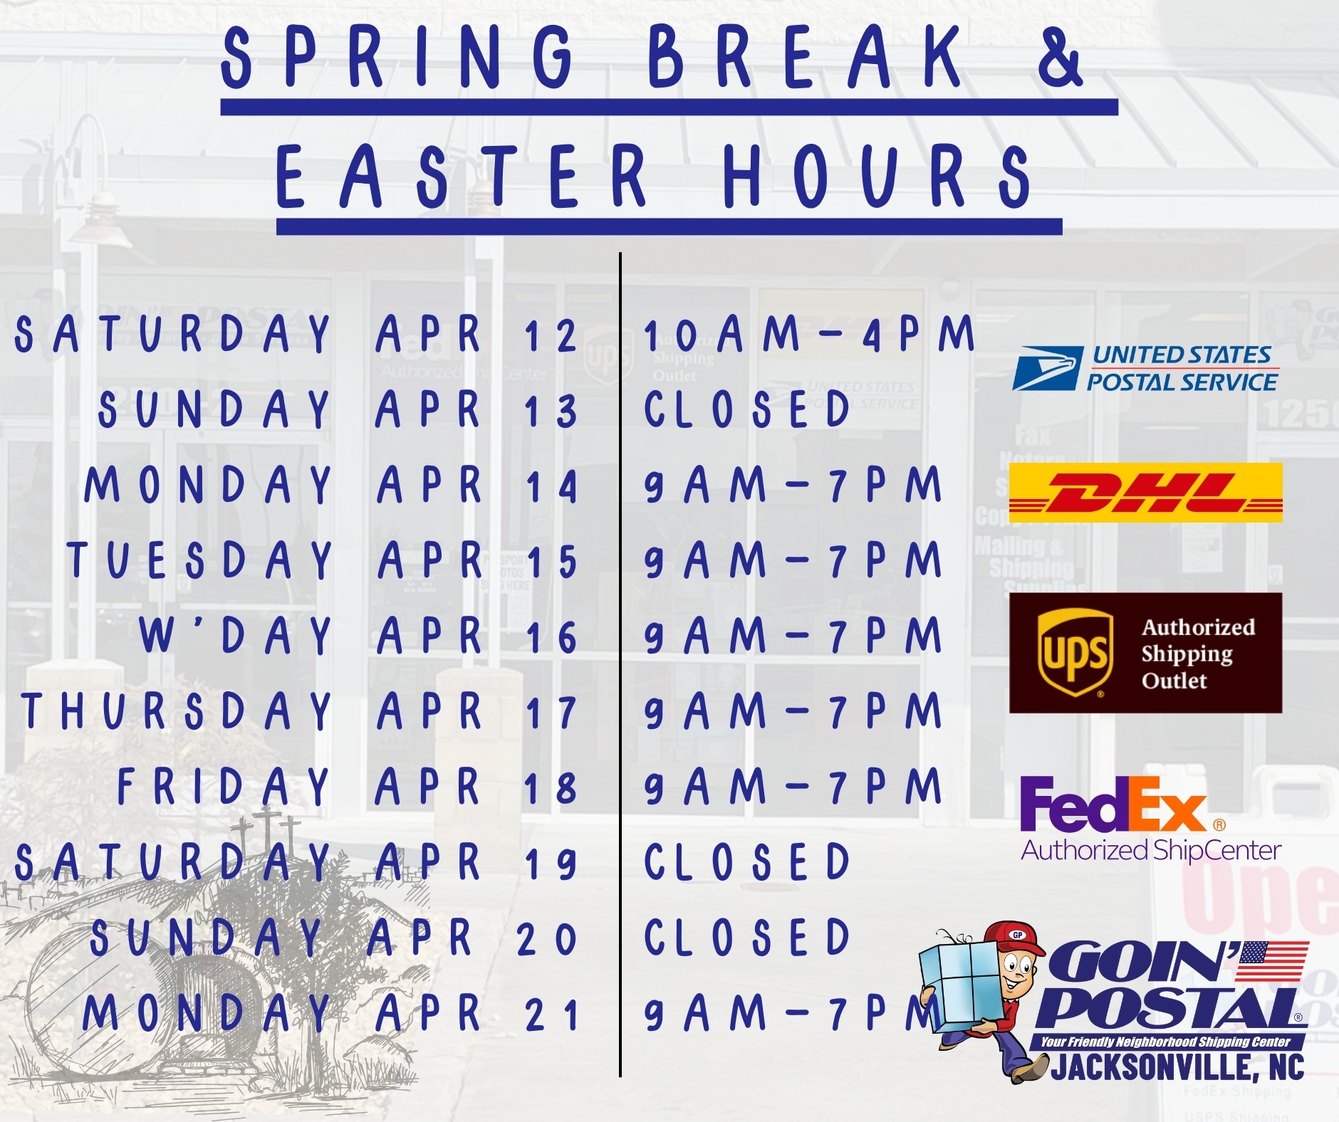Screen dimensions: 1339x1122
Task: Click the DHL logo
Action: pyautogui.click(x=1145, y=493)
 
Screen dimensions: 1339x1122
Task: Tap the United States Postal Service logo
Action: pyautogui.click(x=1145, y=368)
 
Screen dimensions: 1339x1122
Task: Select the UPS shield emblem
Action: pyautogui.click(x=1075, y=653)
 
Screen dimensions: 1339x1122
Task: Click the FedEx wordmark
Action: pyautogui.click(x=1113, y=804)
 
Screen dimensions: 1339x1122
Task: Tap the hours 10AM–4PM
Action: pyautogui.click(x=809, y=334)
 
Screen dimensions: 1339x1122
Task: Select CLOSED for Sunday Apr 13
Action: pyautogui.click(x=747, y=409)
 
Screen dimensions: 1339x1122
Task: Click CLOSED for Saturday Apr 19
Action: pyautogui.click(x=747, y=861)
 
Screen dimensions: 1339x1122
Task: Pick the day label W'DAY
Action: pyautogui.click(x=235, y=635)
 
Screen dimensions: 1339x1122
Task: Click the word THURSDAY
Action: pyautogui.click(x=177, y=711)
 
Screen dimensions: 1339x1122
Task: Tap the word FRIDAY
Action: pyautogui.click(x=224, y=787)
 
